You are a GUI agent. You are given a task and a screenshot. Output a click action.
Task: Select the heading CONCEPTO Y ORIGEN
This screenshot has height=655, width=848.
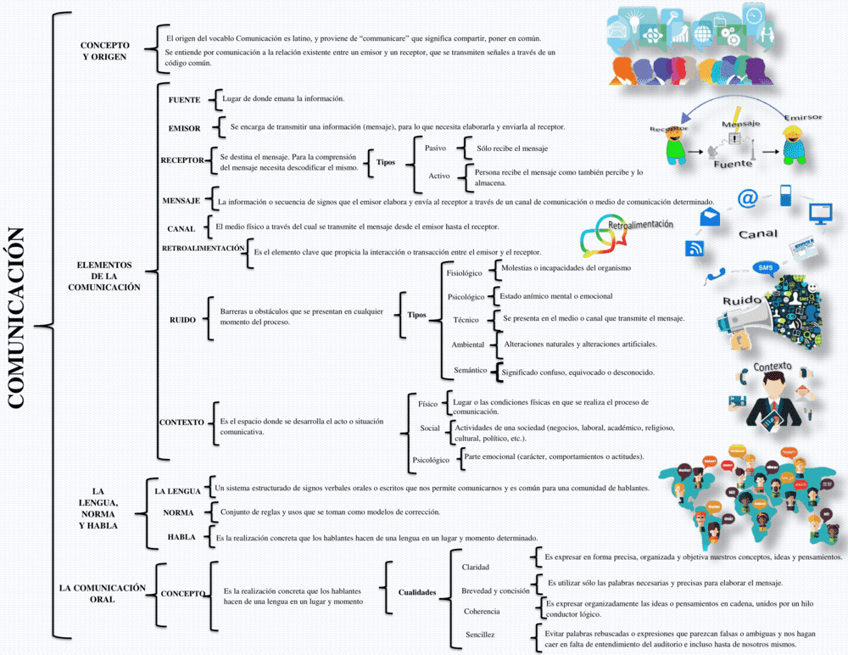coord(105,51)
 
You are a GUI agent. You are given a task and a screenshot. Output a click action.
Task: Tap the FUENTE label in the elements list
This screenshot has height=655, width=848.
coord(184,100)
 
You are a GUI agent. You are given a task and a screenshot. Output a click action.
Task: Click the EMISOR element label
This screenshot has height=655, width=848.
coord(184,128)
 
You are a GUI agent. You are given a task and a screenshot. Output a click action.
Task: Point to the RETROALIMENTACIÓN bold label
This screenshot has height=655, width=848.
coord(203,248)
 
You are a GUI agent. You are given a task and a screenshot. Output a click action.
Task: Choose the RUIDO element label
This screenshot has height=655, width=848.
coord(182,320)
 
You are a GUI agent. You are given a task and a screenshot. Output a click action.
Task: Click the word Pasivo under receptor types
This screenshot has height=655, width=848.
coord(435,148)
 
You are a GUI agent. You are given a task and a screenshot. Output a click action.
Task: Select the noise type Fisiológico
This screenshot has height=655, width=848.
coord(464,273)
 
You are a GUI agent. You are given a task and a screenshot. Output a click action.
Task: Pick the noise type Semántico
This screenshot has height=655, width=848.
coord(470,371)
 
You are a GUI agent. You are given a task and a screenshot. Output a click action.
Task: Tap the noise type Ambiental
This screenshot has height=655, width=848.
coord(467,345)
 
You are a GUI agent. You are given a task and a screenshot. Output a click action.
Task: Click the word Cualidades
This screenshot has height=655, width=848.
coord(417,592)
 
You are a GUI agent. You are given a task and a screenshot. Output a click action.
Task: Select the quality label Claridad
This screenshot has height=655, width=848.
coord(475,567)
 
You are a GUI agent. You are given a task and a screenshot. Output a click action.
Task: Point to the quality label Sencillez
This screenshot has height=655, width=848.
coord(480,635)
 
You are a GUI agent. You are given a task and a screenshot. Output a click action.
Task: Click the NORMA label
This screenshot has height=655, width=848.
coord(178,512)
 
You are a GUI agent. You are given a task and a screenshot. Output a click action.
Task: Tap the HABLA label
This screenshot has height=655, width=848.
coord(181,537)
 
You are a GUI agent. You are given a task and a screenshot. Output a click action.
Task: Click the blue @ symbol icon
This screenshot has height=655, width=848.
coord(747,199)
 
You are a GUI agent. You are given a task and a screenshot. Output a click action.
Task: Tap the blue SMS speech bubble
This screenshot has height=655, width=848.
coord(766,267)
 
